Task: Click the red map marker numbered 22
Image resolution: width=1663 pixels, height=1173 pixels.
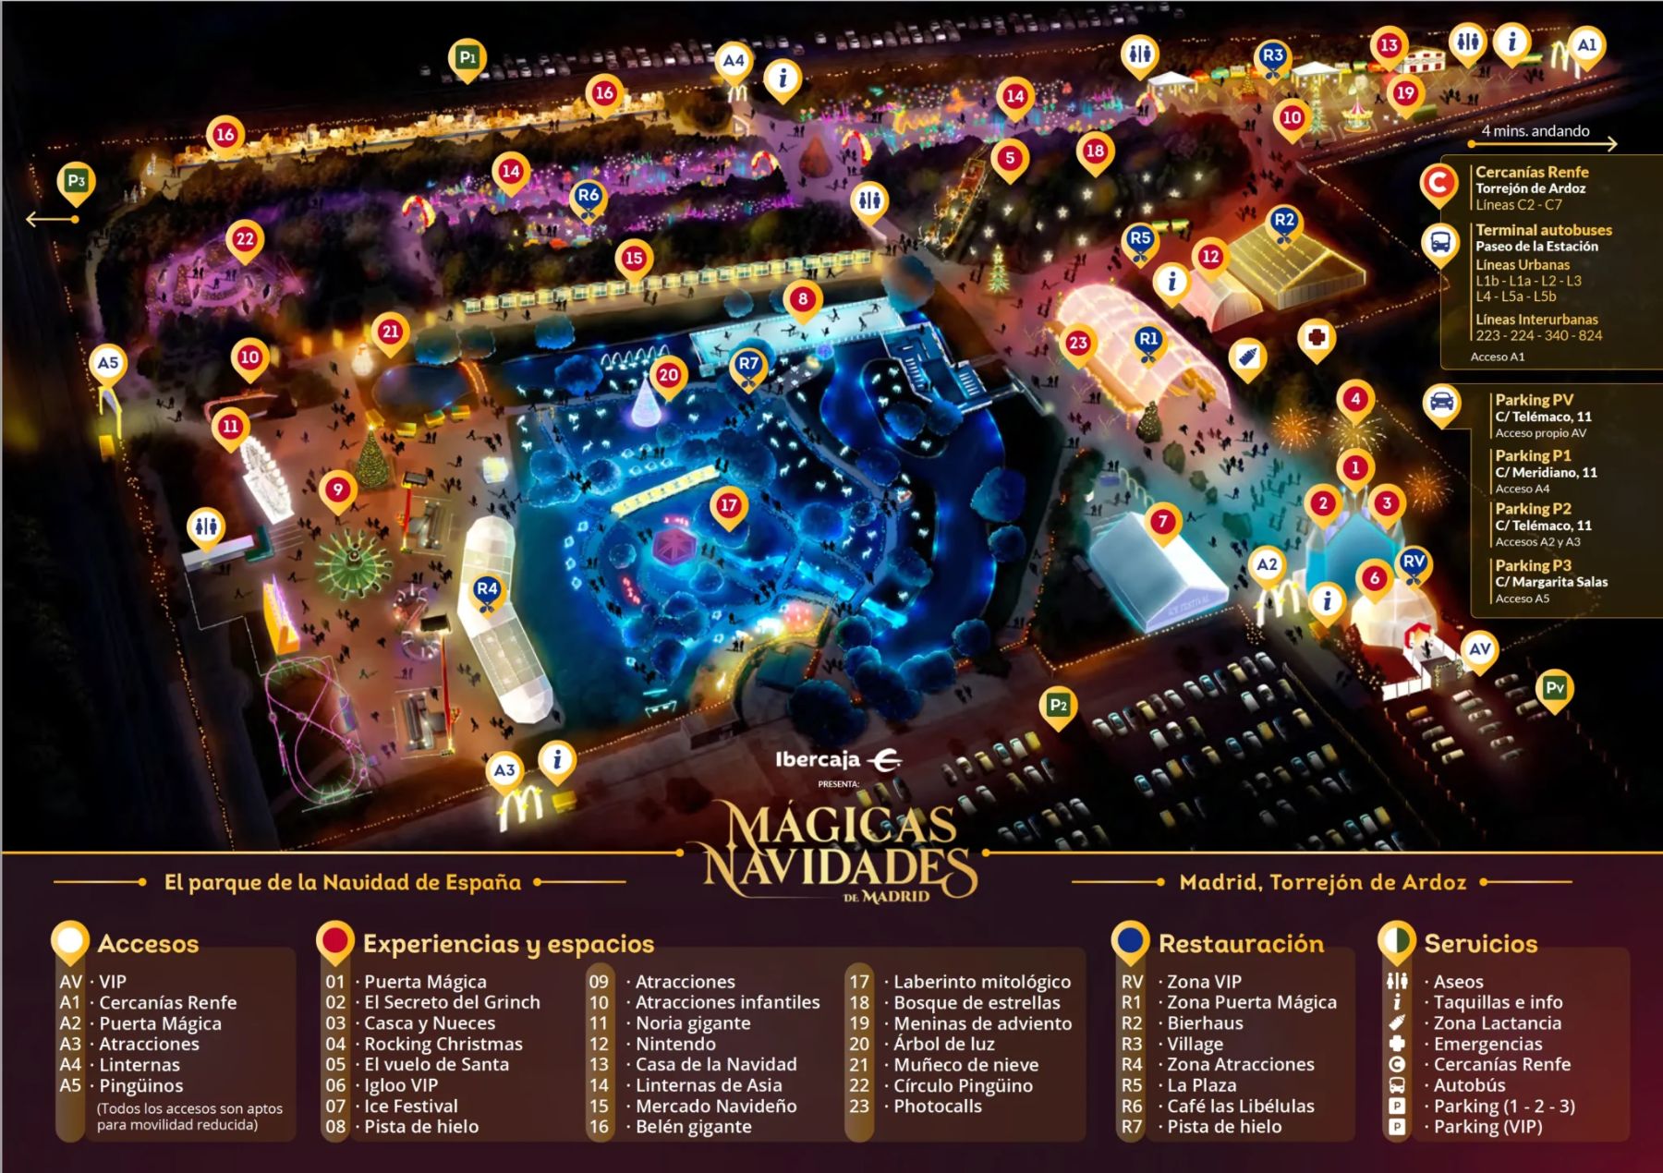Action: pyautogui.click(x=245, y=240)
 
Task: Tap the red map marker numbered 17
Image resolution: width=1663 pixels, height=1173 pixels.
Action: pyautogui.click(x=729, y=505)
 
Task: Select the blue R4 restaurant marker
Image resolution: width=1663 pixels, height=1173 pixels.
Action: pyautogui.click(x=487, y=589)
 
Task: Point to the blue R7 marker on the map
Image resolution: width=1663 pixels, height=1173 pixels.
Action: pyautogui.click(x=748, y=364)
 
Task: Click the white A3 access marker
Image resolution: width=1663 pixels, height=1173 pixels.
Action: pyautogui.click(x=504, y=770)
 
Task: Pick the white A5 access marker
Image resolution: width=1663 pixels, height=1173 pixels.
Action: pyautogui.click(x=108, y=363)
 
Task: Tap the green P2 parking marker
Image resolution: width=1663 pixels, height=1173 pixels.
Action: pyautogui.click(x=1058, y=706)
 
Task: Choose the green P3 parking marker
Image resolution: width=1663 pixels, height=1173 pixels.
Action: pyautogui.click(x=76, y=181)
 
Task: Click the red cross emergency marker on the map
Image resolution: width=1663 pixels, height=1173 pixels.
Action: pyautogui.click(x=1317, y=336)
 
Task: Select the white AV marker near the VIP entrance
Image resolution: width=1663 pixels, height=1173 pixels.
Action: pyautogui.click(x=1480, y=649)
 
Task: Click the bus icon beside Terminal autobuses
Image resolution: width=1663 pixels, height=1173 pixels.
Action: pyautogui.click(x=1440, y=242)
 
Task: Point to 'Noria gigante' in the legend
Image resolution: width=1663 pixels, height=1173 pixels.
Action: pyautogui.click(x=693, y=1023)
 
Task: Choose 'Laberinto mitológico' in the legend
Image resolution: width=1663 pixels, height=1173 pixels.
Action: pyautogui.click(x=982, y=982)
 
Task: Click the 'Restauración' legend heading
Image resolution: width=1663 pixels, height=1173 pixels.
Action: pyautogui.click(x=1241, y=943)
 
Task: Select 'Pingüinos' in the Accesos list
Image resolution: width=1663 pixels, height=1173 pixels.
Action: pyautogui.click(x=141, y=1085)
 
